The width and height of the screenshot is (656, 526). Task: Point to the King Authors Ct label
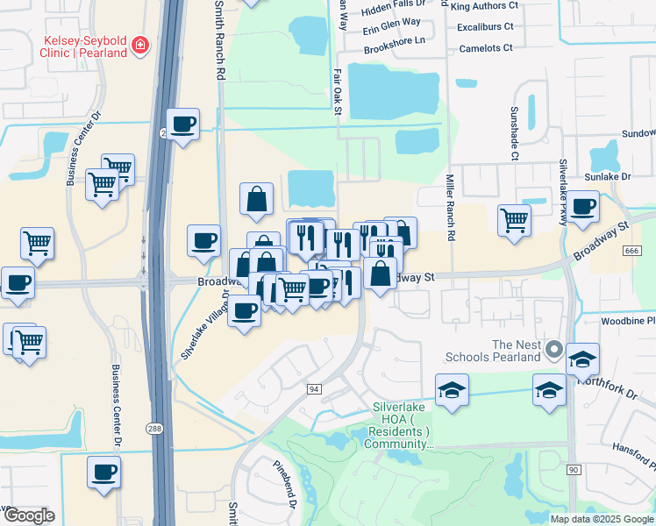pyautogui.click(x=484, y=5)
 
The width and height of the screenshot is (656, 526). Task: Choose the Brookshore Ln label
pyautogui.click(x=395, y=41)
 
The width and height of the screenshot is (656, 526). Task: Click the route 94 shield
pyautogui.click(x=313, y=387)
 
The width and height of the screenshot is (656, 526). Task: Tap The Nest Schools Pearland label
pyautogui.click(x=504, y=351)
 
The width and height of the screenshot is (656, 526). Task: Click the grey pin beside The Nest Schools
pyautogui.click(x=553, y=351)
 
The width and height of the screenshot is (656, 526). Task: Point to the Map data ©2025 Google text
pyautogui.click(x=602, y=519)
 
